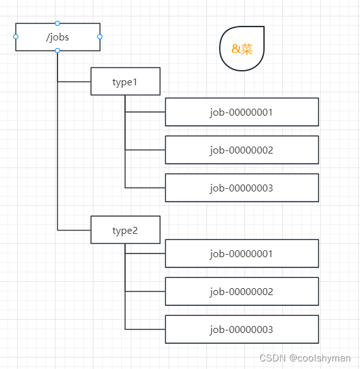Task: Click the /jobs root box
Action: [57, 37]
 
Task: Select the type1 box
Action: [126, 82]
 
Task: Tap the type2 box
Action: [126, 230]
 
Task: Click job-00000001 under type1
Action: [242, 112]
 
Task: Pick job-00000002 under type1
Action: [242, 150]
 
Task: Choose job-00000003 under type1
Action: [242, 188]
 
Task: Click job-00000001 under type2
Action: [242, 253]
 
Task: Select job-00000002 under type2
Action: [242, 291]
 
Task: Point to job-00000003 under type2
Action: [242, 329]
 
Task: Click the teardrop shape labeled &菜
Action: [242, 49]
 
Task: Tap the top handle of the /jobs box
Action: [57, 23]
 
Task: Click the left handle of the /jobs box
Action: [16, 37]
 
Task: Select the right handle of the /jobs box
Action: [100, 37]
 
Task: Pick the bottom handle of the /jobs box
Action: [57, 51]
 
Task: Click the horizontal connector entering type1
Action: [74, 82]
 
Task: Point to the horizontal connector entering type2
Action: [74, 230]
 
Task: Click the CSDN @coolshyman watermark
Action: [305, 358]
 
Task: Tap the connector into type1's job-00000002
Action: [145, 150]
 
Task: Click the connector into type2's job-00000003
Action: [145, 329]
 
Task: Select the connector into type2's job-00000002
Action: [145, 291]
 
